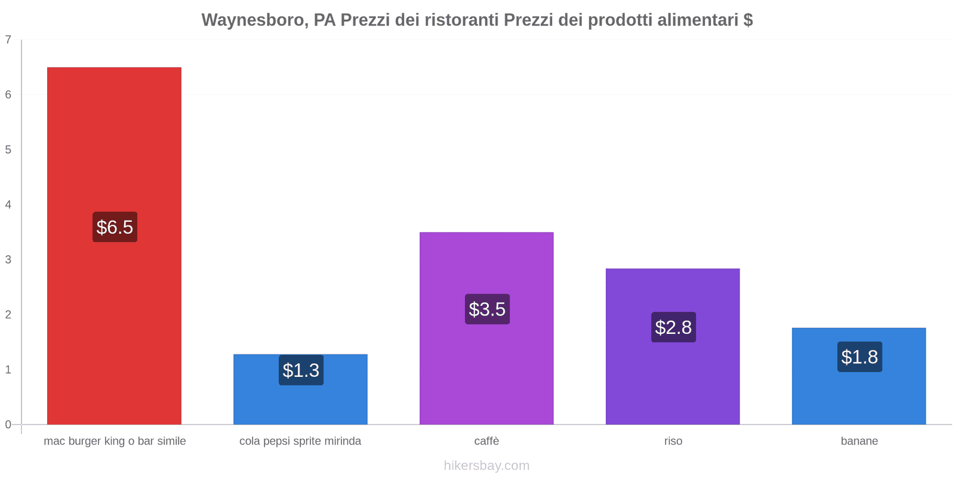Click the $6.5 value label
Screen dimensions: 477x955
pos(115,227)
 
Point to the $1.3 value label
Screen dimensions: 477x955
pos(301,370)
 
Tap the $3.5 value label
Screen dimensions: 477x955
pos(487,309)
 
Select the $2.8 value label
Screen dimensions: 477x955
pos(673,327)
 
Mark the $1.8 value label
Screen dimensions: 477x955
pos(860,357)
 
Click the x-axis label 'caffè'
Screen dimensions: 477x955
pos(486,441)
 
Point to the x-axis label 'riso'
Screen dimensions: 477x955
pos(673,441)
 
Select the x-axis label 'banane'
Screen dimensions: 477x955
pos(859,441)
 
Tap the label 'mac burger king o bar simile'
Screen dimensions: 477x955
pos(115,441)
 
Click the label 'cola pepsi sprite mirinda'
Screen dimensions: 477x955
pos(300,441)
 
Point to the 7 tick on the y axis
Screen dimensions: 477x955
pos(8,40)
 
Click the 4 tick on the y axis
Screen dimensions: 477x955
pos(8,205)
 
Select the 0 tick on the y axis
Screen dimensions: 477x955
pos(8,425)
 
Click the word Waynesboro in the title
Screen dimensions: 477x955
pos(253,20)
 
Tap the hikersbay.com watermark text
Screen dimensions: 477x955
pos(486,466)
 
